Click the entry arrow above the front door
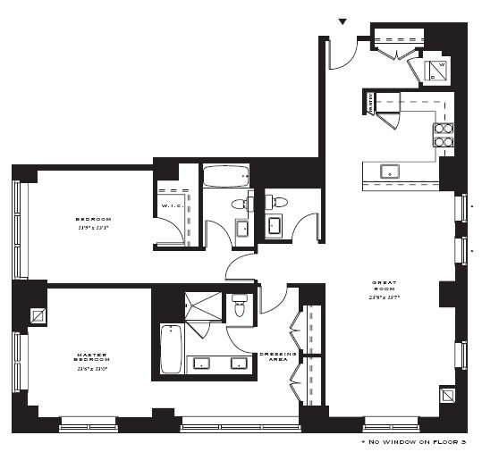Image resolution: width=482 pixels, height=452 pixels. click(341, 21)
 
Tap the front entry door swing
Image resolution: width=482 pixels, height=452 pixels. click(342, 54)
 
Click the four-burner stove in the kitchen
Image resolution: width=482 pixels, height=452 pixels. click(444, 134)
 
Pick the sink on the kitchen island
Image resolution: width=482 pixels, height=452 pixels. click(390, 171)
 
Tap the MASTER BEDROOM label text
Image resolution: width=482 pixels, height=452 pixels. click(91, 359)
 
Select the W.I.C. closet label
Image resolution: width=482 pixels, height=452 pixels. click(172, 207)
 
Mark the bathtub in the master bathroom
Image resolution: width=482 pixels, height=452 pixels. click(171, 349)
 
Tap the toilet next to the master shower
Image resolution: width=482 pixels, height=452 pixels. click(239, 307)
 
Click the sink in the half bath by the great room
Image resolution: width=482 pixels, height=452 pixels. click(275, 225)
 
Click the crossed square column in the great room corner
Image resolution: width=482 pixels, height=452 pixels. click(448, 394)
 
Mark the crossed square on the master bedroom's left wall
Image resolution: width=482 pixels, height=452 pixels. click(39, 314)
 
